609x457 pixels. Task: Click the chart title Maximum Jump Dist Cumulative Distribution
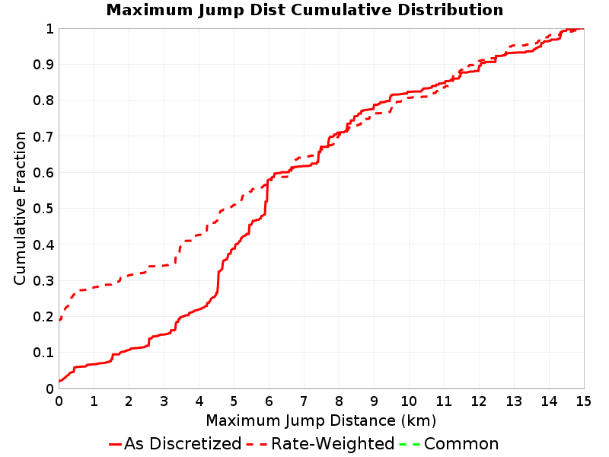click(304, 10)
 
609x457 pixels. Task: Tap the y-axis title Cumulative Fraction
click(20, 208)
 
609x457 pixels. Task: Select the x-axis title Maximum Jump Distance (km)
click(320, 421)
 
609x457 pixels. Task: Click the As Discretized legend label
click(183, 444)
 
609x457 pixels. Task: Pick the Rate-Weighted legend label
click(333, 444)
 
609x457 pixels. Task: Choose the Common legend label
click(461, 444)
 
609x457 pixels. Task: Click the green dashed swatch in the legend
click(410, 444)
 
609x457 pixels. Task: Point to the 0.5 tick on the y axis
click(43, 209)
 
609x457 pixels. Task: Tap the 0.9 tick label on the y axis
click(43, 65)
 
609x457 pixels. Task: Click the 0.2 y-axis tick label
click(43, 317)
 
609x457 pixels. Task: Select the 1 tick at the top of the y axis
click(49, 29)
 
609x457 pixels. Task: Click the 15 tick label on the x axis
click(584, 401)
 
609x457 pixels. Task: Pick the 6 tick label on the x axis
click(269, 401)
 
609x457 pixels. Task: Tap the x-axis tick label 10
click(409, 401)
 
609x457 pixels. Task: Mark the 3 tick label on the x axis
click(164, 401)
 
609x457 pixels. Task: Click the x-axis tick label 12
click(479, 401)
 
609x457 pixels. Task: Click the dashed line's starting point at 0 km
click(59, 320)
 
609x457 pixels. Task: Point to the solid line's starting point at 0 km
click(59, 382)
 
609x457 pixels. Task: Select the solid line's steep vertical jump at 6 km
click(267, 197)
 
